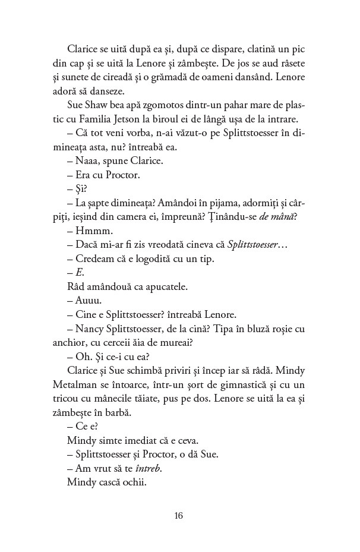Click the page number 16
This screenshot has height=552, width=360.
click(180, 515)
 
